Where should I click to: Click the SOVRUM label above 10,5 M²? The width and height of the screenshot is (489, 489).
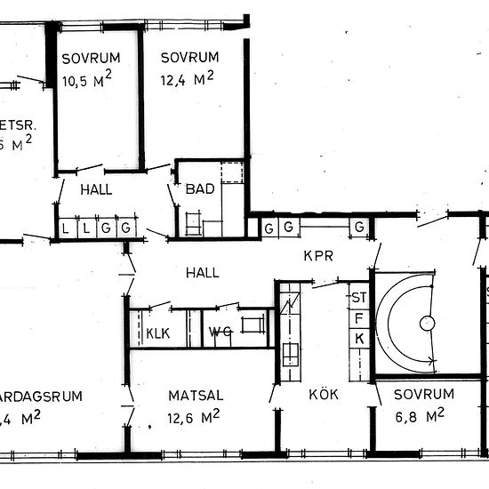[x=91, y=59]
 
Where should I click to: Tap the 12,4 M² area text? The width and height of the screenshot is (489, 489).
[x=187, y=79]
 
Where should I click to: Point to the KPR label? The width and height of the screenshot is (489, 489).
[x=317, y=255]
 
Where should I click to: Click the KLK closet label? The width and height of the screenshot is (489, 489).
[x=157, y=333]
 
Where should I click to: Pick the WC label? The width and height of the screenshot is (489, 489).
[x=220, y=333]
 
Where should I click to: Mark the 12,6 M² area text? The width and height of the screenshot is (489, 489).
[x=191, y=415]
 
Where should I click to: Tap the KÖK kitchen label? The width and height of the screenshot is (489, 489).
[x=325, y=394]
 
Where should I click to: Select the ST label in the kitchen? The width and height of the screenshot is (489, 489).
[x=359, y=296]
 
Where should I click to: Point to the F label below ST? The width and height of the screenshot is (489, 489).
[x=359, y=317]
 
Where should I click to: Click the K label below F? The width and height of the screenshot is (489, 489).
[x=359, y=338]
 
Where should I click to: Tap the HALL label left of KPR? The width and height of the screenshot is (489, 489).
[x=203, y=273]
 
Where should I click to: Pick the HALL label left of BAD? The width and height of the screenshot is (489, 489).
[x=95, y=189]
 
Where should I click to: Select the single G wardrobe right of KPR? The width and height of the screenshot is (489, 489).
[x=359, y=228]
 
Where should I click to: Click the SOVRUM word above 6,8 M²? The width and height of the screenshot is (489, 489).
[x=424, y=394]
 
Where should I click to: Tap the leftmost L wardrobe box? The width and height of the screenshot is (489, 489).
[x=65, y=228]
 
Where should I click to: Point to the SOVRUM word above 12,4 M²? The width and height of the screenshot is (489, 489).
[x=189, y=58]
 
